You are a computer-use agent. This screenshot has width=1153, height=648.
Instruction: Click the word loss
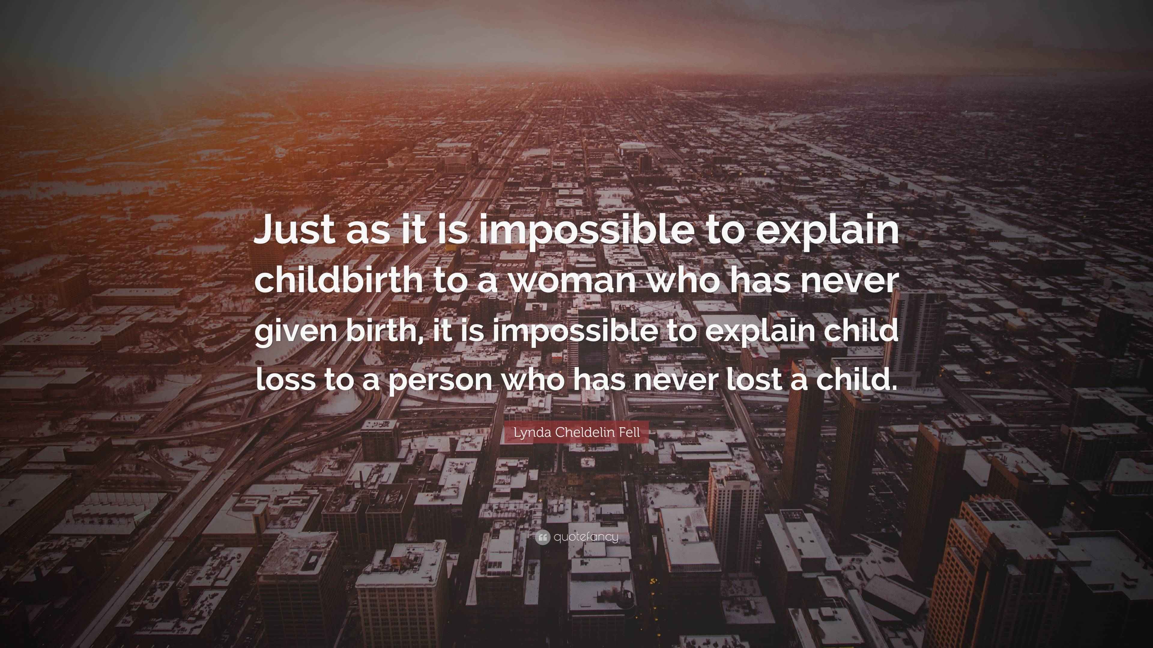coord(285,379)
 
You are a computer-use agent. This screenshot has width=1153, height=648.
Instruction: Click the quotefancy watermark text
coord(586,537)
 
